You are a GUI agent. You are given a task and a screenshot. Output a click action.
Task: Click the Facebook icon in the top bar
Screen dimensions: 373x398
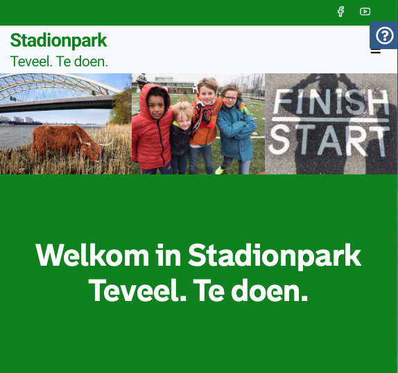point(340,12)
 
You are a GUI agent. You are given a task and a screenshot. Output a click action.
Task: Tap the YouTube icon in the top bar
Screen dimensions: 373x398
point(365,12)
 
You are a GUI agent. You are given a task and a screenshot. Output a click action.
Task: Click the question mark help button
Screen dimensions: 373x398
point(384,35)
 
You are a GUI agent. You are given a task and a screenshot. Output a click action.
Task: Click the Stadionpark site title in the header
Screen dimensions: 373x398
point(59,40)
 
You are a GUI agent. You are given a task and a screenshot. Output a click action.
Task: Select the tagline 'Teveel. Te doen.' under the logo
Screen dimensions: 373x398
point(60,61)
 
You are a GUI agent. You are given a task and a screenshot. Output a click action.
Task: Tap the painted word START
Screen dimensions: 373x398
point(327,140)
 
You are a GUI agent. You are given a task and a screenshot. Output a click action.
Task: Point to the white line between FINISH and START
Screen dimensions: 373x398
point(328,122)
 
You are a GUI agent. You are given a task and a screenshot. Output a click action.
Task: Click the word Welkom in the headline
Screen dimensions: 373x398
point(92,255)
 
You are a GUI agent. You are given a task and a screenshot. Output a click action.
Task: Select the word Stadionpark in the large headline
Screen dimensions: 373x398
point(275,255)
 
